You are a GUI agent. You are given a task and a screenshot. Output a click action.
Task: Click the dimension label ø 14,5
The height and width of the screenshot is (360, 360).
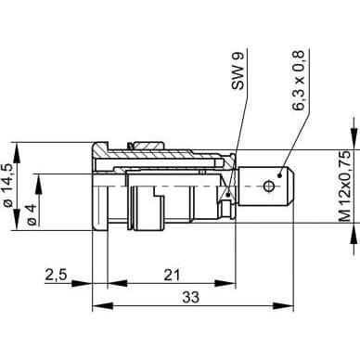point(8,185)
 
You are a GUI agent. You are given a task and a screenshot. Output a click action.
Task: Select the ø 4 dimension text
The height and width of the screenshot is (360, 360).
point(32,214)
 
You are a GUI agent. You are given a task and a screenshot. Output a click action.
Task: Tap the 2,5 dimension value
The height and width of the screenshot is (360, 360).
point(56,275)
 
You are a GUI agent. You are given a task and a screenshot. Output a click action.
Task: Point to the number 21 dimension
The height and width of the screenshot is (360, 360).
point(172,275)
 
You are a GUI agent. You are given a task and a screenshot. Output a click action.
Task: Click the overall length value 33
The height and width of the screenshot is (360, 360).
point(191,298)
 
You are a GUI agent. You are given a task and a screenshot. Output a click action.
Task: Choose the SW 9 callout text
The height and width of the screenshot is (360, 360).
point(238,71)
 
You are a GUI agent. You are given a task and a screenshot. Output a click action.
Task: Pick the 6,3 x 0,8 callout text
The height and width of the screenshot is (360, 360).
point(299,80)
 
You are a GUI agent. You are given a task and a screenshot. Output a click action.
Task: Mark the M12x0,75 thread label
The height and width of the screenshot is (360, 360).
point(345,186)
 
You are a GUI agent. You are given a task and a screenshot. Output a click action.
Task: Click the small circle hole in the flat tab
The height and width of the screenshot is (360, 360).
point(268,186)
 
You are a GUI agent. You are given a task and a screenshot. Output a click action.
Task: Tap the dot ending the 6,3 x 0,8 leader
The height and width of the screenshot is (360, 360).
point(279,175)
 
